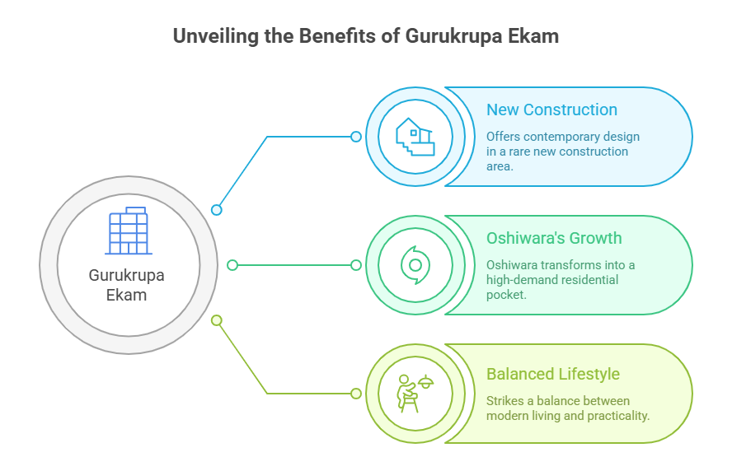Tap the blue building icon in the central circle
point(128,231)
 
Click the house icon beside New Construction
point(415,137)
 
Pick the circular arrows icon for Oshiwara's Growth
point(415,265)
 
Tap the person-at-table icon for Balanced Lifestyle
point(415,393)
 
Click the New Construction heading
point(551,110)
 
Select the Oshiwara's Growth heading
point(554,238)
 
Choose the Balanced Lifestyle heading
point(552,374)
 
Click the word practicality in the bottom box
point(617,415)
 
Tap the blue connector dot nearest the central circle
point(217,210)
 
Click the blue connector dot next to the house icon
point(356,137)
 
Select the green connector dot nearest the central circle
point(232,265)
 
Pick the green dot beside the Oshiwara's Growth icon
point(356,265)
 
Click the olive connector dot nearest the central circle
point(217,319)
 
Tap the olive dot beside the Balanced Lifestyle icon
point(356,394)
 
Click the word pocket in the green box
point(505,294)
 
